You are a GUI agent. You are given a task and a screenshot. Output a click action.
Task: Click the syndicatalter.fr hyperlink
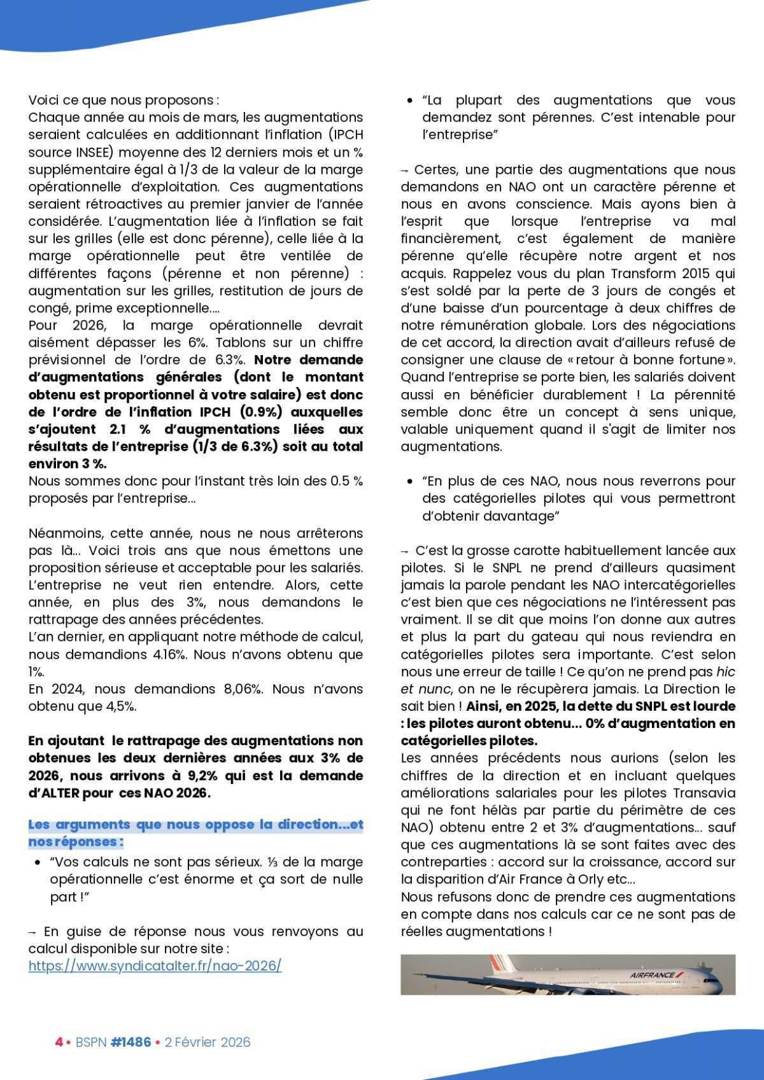coord(155,965)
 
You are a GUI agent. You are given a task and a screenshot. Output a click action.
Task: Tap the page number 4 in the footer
coord(59,1042)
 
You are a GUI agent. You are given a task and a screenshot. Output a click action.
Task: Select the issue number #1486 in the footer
coord(131,1042)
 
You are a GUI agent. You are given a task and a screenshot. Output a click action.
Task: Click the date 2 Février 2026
coord(207,1042)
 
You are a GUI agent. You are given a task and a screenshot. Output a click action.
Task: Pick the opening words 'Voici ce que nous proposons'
coord(124,100)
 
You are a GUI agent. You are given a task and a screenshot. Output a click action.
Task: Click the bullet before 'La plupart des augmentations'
coord(409,101)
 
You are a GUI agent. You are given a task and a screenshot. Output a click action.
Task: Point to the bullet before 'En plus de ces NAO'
coord(409,482)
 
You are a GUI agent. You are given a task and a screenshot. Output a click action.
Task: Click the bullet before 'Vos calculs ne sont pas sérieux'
coord(38,862)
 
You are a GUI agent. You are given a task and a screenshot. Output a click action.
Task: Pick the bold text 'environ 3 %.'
coord(68,463)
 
